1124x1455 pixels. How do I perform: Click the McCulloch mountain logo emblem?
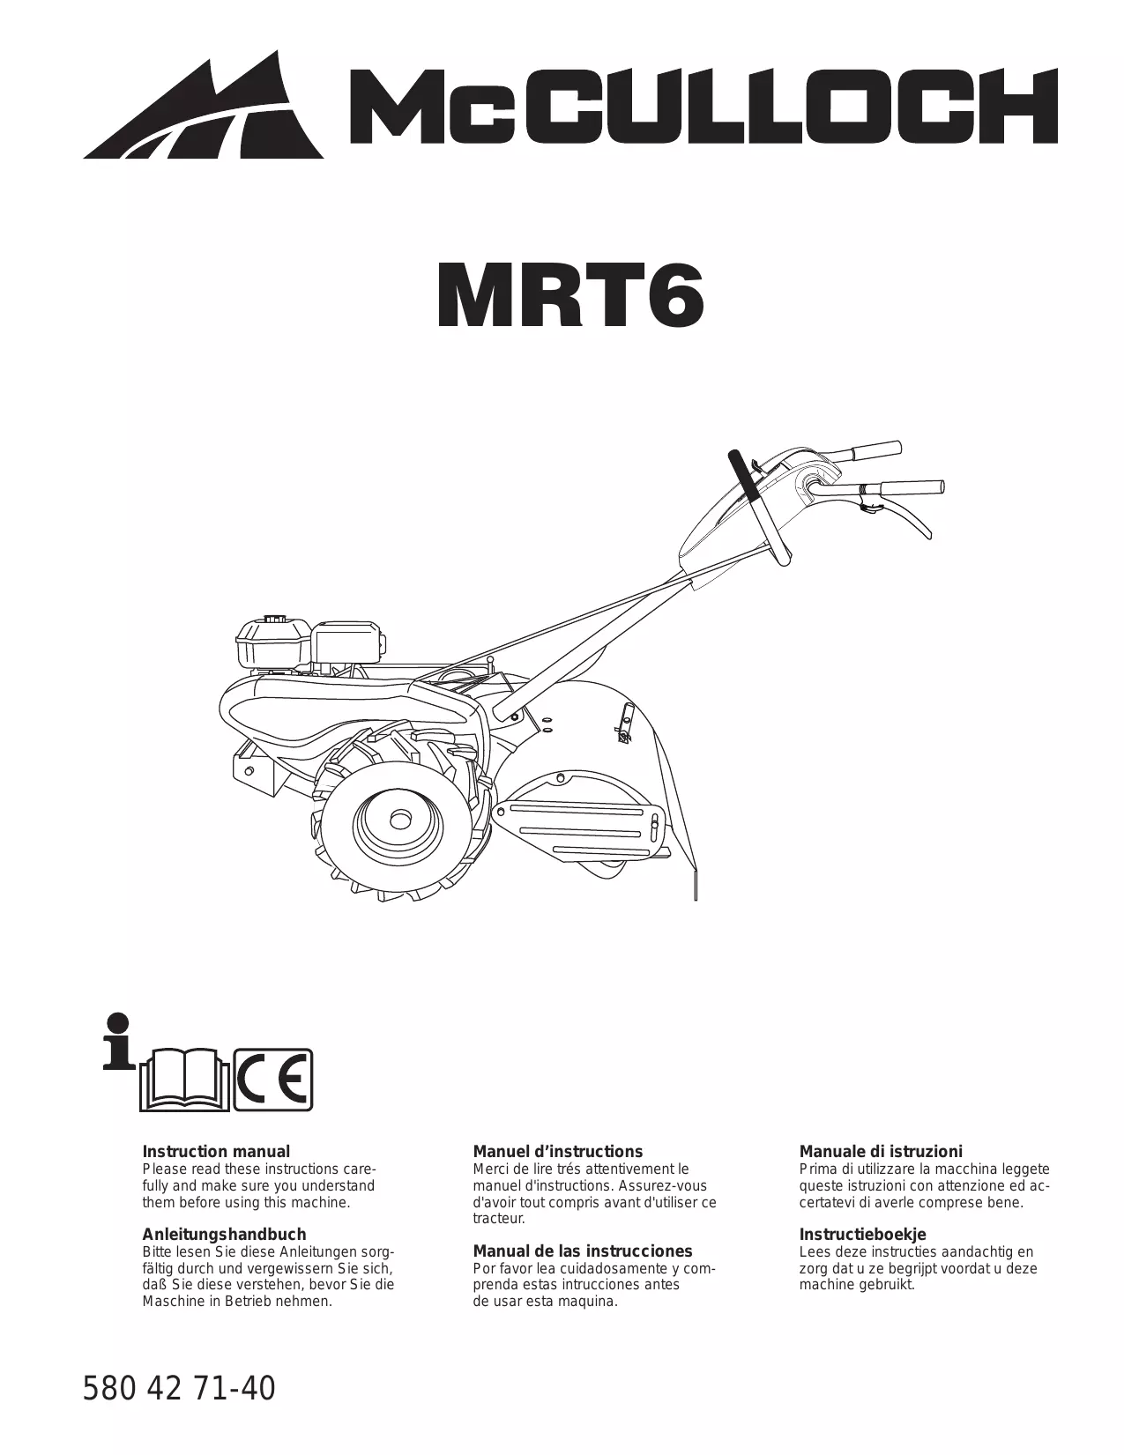coord(207,110)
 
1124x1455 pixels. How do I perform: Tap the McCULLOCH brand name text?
coord(701,110)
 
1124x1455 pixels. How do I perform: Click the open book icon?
coord(184,1080)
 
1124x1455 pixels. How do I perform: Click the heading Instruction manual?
coord(216,1151)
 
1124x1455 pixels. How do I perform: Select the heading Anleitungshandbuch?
coord(224,1234)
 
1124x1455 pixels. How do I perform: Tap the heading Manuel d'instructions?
coord(558,1151)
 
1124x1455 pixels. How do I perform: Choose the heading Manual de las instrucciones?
coord(583,1251)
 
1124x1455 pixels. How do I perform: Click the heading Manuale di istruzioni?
coord(881,1151)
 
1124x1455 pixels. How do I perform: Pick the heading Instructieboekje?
coord(862,1234)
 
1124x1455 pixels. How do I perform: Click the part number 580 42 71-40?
coord(179,1389)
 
